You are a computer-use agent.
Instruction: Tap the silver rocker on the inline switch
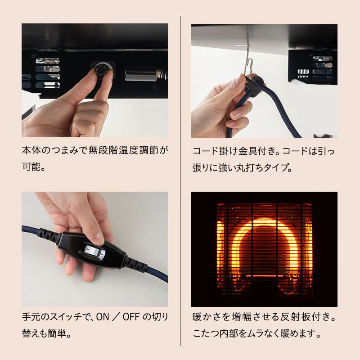(95, 253)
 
